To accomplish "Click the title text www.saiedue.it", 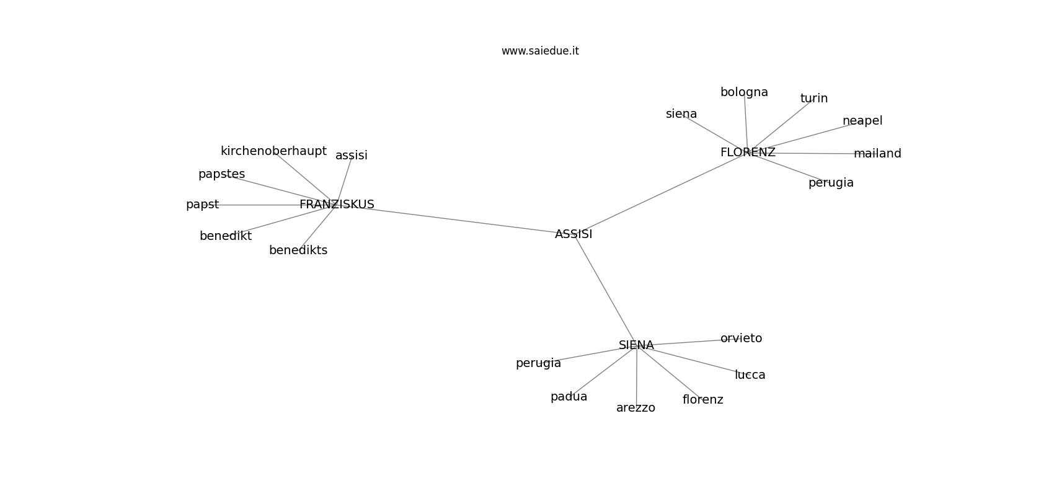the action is [540, 51].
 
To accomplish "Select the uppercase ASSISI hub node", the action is [573, 234].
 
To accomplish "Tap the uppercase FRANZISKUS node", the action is [337, 204].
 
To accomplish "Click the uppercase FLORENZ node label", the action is [748, 152].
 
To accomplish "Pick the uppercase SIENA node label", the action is [636, 345].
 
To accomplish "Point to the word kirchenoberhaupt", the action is [273, 151].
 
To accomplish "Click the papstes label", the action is [221, 174].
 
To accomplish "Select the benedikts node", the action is [298, 250].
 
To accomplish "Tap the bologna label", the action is [745, 92].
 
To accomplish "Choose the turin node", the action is [814, 99].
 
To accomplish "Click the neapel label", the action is [862, 121].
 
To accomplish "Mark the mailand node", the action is [877, 153].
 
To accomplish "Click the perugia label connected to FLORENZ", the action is [831, 182].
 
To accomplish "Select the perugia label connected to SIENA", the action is [538, 363].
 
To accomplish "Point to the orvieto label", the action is [741, 339].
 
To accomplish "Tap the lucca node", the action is [750, 375].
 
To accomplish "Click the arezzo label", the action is [635, 408].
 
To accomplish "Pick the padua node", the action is [569, 397].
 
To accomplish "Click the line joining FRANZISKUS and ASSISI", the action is [454, 219].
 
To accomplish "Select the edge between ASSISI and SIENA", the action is [605, 290].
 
